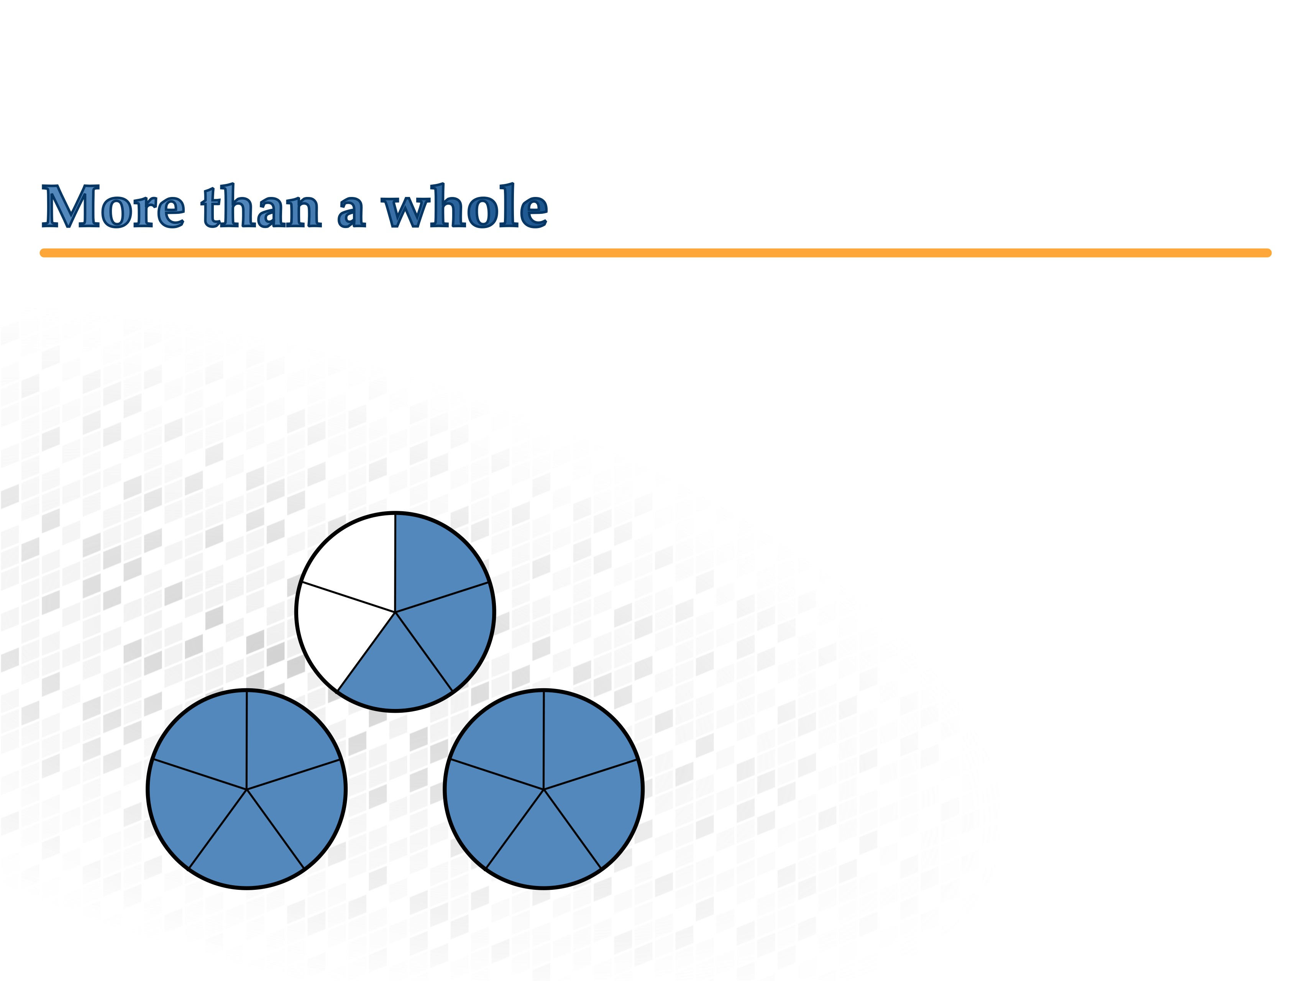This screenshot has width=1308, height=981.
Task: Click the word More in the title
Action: [113, 207]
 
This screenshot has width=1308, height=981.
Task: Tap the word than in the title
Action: [261, 207]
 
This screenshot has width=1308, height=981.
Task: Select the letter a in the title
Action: [351, 211]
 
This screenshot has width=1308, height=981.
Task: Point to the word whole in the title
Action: [465, 207]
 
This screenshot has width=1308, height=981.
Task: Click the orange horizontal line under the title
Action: [655, 253]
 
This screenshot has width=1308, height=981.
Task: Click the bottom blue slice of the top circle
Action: [395, 668]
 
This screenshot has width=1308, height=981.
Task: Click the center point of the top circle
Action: [395, 612]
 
